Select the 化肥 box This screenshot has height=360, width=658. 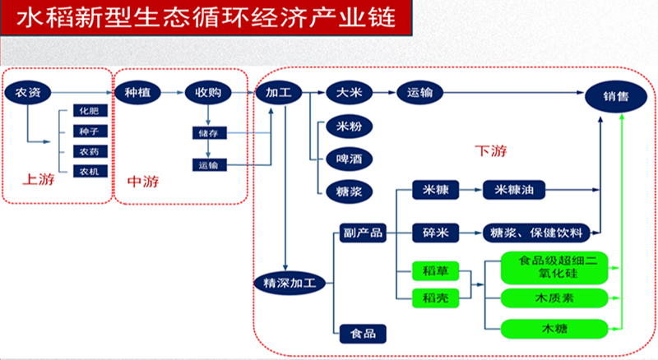(x=86, y=110)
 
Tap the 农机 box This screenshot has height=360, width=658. (x=86, y=171)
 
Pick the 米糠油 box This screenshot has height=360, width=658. (x=515, y=191)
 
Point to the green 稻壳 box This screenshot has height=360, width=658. (x=435, y=297)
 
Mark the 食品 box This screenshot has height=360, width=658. (x=363, y=333)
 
